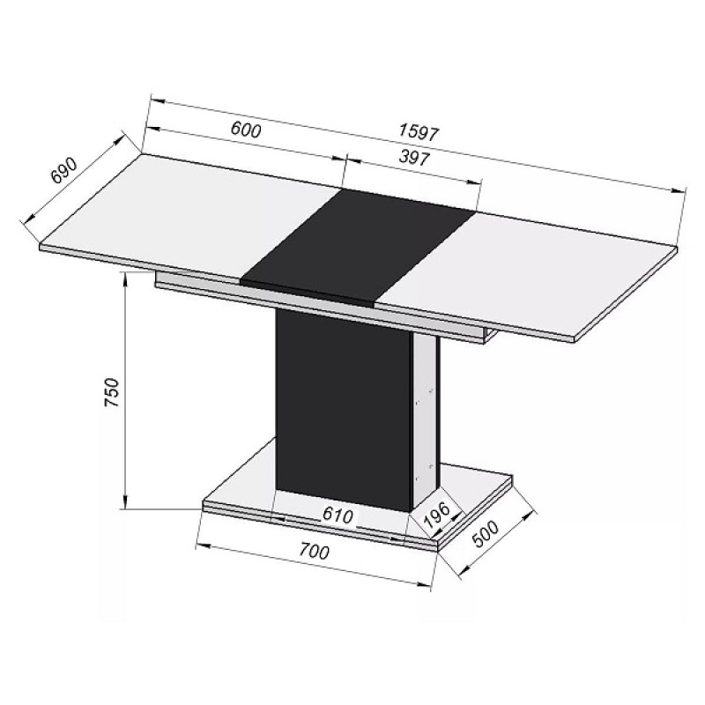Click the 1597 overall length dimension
418,133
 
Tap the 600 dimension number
246,130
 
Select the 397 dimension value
414,158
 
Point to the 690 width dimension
64,170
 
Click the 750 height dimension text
111,392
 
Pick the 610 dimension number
338,516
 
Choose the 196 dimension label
437,516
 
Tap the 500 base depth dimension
486,534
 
